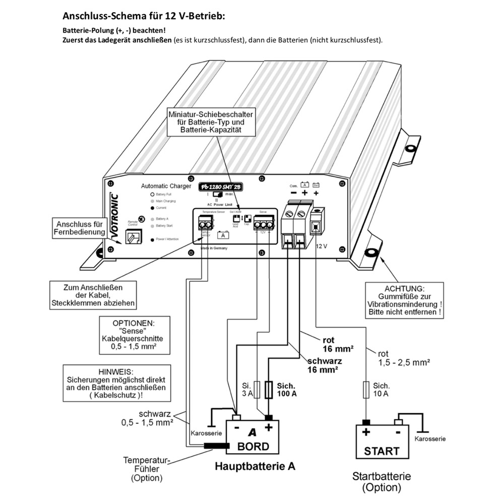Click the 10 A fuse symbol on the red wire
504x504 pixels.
tap(366, 390)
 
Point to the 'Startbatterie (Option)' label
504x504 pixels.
tap(382, 482)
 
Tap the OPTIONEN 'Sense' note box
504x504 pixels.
tap(132, 334)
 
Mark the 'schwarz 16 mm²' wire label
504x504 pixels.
tap(325, 365)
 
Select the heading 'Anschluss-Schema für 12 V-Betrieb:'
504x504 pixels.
tap(144, 16)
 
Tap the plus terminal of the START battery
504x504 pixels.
tap(366, 422)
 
